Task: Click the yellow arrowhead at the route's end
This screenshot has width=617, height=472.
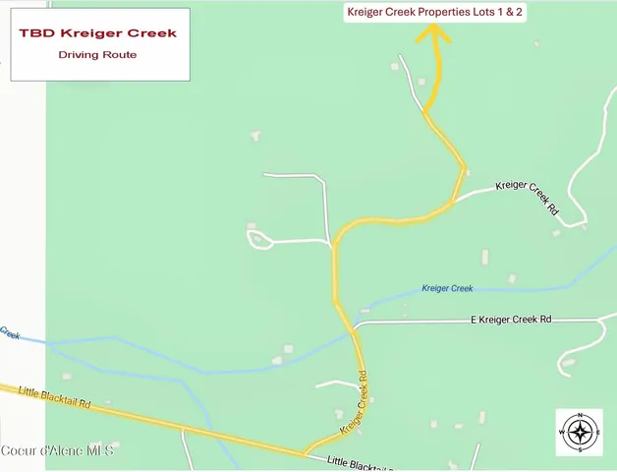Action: pyautogui.click(x=432, y=33)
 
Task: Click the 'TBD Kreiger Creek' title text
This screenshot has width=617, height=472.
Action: pyautogui.click(x=98, y=32)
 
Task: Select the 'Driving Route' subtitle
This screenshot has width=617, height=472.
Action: pyautogui.click(x=98, y=55)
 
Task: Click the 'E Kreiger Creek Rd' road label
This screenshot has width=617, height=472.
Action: pyautogui.click(x=511, y=319)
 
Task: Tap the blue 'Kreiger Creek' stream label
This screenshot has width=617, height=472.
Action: pyautogui.click(x=447, y=288)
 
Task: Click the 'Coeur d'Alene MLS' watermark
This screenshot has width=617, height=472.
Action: pyautogui.click(x=57, y=450)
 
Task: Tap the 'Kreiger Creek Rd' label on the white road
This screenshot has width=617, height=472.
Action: pyautogui.click(x=528, y=197)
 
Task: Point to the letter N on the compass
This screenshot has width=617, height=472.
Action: pyautogui.click(x=580, y=416)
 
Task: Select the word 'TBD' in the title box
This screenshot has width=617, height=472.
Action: pyautogui.click(x=36, y=32)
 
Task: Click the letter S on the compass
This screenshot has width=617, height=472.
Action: pyautogui.click(x=580, y=449)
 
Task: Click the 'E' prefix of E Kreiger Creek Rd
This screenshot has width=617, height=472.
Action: pyautogui.click(x=474, y=319)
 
